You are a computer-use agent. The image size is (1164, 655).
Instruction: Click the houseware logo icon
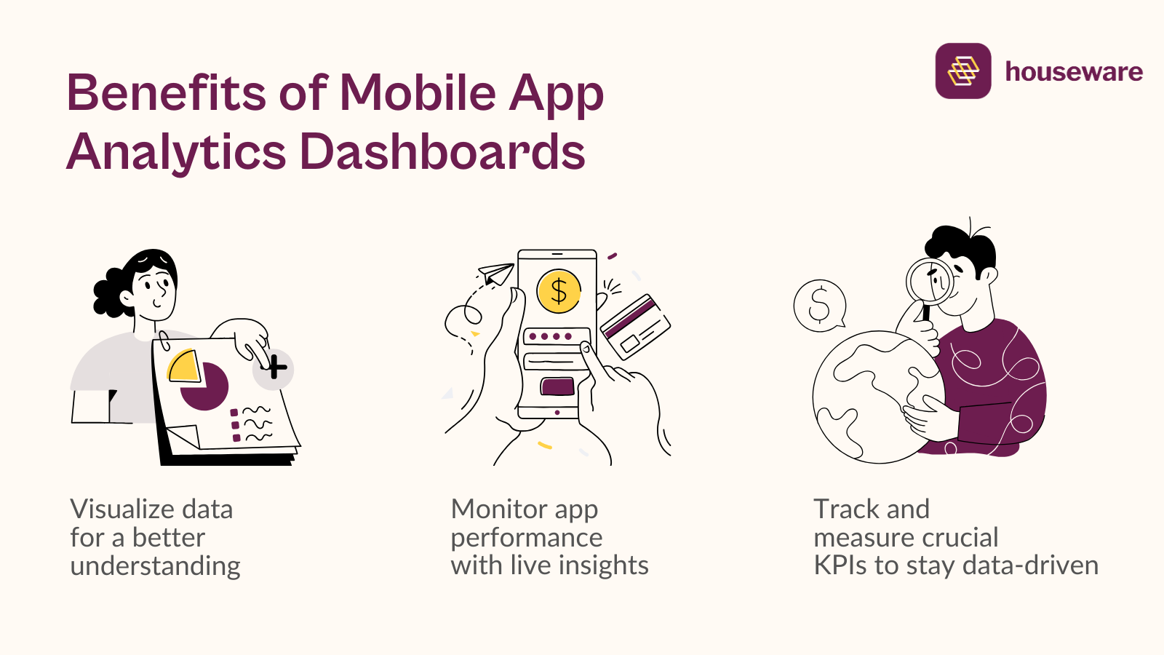click(962, 71)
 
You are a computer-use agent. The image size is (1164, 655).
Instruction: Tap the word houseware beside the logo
click(1073, 71)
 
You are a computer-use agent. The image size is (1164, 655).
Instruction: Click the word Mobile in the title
click(418, 93)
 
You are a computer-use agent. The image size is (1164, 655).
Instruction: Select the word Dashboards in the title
click(442, 152)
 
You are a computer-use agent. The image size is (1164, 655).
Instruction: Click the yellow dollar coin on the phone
click(558, 291)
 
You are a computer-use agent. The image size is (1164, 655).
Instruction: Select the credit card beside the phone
click(635, 326)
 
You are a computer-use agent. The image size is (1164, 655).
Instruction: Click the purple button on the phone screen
click(557, 386)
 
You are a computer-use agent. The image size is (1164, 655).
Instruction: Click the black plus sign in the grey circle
click(274, 368)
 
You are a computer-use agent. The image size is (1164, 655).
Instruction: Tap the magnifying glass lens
click(930, 280)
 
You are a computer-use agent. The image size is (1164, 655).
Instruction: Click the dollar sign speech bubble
click(820, 305)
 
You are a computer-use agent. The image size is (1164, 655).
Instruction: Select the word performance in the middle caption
click(527, 538)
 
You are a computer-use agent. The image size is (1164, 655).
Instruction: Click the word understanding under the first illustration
click(155, 566)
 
